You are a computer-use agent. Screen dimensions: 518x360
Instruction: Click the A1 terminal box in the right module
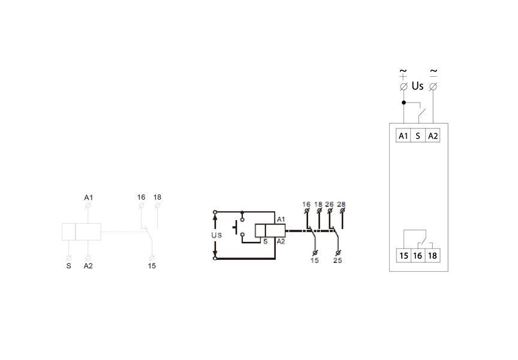tap(403, 136)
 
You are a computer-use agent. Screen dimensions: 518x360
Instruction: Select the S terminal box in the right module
tap(417, 136)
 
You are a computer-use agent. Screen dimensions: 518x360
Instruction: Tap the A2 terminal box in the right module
tap(433, 136)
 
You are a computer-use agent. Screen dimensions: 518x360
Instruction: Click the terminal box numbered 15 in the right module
tap(403, 256)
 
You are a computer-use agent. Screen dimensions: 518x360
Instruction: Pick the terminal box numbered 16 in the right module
tap(417, 256)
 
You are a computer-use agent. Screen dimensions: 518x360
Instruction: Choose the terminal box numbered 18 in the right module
tap(432, 256)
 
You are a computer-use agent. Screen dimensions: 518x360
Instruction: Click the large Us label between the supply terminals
tap(417, 86)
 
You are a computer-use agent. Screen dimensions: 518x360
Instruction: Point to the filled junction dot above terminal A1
tap(403, 103)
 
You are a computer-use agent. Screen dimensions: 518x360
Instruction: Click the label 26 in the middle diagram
tap(329, 204)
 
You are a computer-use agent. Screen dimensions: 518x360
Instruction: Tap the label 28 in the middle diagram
tap(341, 204)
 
